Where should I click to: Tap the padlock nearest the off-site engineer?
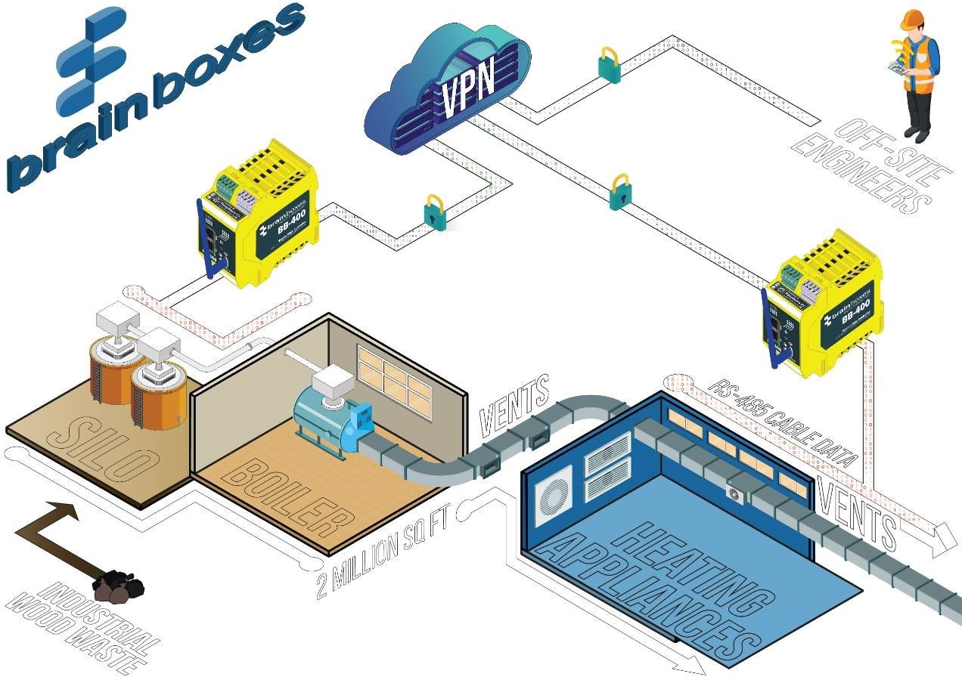(610, 66)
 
